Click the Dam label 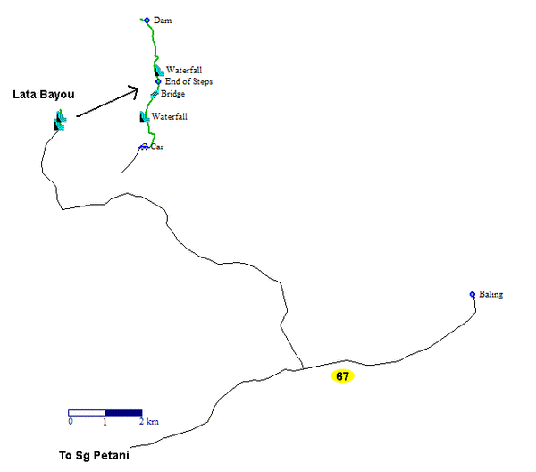(163, 21)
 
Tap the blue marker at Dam (147, 21)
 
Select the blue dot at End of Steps (158, 81)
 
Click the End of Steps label (188, 81)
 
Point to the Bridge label (172, 94)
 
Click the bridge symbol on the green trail (155, 94)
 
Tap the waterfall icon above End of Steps (159, 71)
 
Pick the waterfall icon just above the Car (145, 117)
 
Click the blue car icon (144, 147)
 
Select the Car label (157, 147)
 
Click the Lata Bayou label (44, 95)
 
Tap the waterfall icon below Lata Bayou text (60, 120)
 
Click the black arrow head (134, 91)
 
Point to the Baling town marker (473, 294)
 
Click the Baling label (490, 294)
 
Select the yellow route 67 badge (342, 376)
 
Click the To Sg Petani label (94, 456)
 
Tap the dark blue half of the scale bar (123, 413)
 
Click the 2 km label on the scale (149, 421)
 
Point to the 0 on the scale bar (71, 421)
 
